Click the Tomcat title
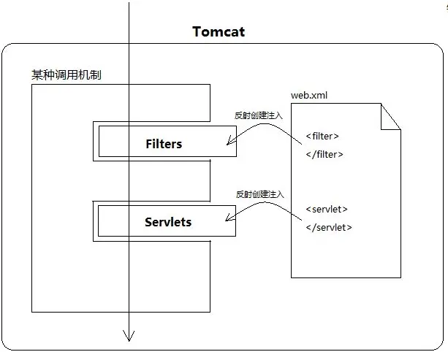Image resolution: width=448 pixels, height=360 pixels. [219, 31]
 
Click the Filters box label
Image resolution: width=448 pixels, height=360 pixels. [164, 144]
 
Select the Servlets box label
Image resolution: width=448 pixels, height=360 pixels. [168, 222]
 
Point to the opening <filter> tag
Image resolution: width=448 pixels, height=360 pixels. [322, 136]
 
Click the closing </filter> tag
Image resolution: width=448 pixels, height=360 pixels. [324, 154]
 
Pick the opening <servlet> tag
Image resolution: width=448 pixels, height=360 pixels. [327, 210]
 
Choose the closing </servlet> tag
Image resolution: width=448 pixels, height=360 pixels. [329, 227]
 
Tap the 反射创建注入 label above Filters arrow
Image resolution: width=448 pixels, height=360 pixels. [258, 115]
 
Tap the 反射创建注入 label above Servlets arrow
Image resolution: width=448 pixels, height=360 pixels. [259, 194]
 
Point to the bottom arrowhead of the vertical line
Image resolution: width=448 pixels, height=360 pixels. [129, 336]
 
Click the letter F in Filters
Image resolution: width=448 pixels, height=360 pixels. [150, 144]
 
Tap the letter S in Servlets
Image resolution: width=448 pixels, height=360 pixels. [148, 222]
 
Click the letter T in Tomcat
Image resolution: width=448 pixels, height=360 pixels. [197, 31]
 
